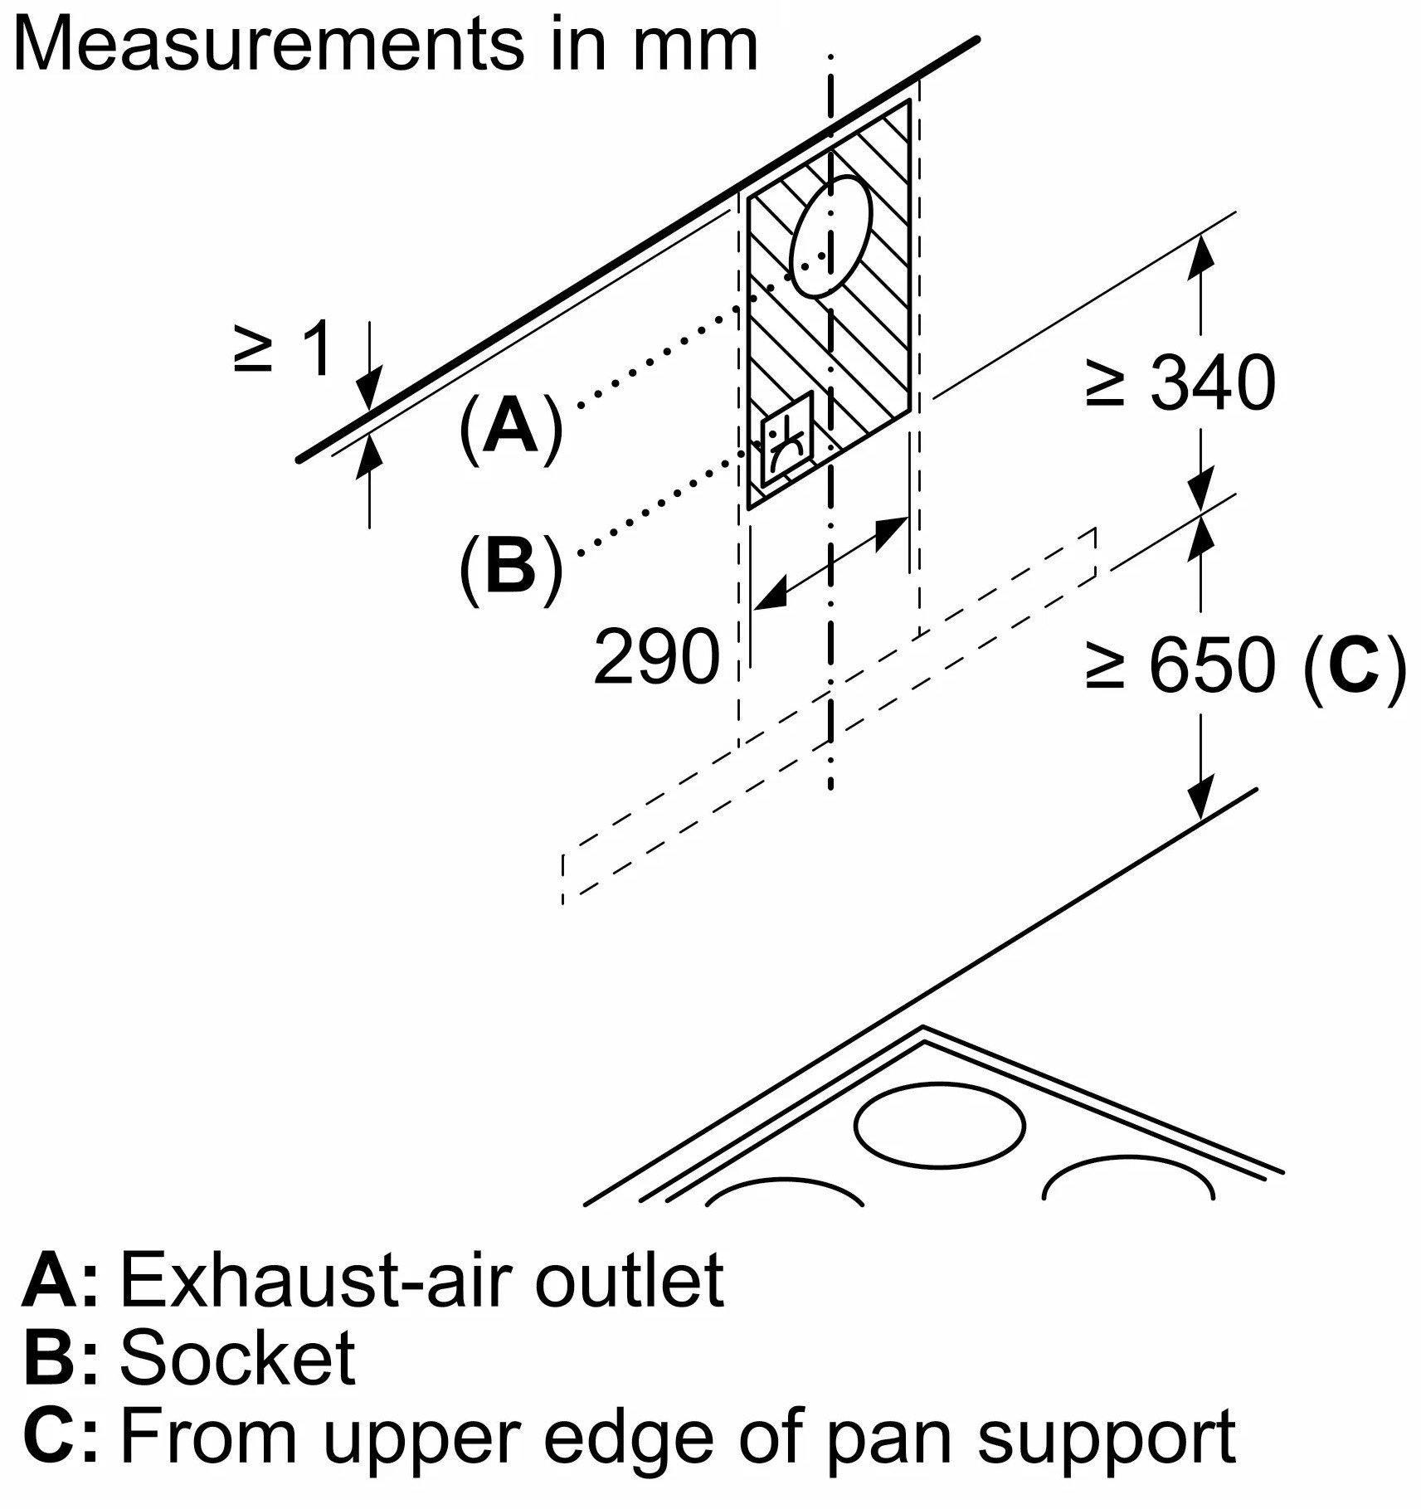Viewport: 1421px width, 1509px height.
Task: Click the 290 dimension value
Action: pos(656,657)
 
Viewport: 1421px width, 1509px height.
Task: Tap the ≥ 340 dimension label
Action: pos(1180,382)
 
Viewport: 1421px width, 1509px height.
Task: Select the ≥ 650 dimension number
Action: pos(1211,665)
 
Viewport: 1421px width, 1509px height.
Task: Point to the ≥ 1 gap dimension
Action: pos(284,349)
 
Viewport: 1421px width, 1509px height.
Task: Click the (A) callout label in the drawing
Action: pos(510,428)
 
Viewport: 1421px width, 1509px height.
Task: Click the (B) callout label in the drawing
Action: pos(510,569)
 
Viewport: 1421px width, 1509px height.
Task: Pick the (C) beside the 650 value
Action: pos(1354,665)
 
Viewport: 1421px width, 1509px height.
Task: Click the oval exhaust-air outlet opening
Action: pos(831,236)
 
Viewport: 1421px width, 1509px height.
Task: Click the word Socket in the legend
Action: pos(238,1358)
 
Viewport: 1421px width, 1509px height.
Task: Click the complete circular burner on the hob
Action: pos(939,1126)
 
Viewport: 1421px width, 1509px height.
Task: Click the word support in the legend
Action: pos(1107,1438)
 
